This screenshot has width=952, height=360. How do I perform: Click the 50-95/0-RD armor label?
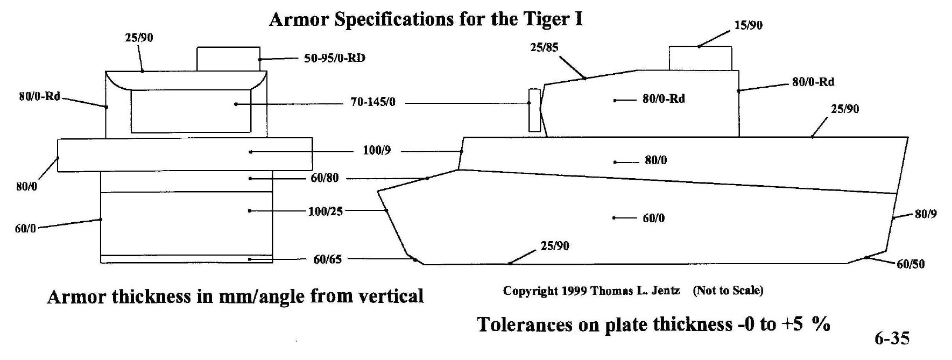[x=334, y=58]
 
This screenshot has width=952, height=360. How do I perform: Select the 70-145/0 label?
[x=373, y=102]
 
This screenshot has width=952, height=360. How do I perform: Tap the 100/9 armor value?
[x=377, y=151]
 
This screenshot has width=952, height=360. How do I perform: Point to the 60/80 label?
[x=325, y=178]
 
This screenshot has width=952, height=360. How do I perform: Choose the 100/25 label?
[x=325, y=211]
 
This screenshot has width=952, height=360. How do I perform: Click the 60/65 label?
[x=327, y=259]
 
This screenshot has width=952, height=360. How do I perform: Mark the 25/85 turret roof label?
[x=544, y=47]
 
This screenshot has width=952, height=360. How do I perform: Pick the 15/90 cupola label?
[x=748, y=25]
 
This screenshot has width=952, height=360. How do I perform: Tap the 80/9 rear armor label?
[x=926, y=214]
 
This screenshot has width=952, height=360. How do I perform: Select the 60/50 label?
[x=911, y=264]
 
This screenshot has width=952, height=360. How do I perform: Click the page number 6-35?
[x=892, y=338]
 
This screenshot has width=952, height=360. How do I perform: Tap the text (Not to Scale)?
[x=728, y=291]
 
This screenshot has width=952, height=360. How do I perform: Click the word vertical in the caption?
[x=391, y=297]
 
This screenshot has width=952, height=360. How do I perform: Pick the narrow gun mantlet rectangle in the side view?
[x=534, y=110]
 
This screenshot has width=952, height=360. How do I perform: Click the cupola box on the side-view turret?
[x=700, y=58]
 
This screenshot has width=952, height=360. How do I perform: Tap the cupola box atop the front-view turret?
[x=228, y=59]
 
